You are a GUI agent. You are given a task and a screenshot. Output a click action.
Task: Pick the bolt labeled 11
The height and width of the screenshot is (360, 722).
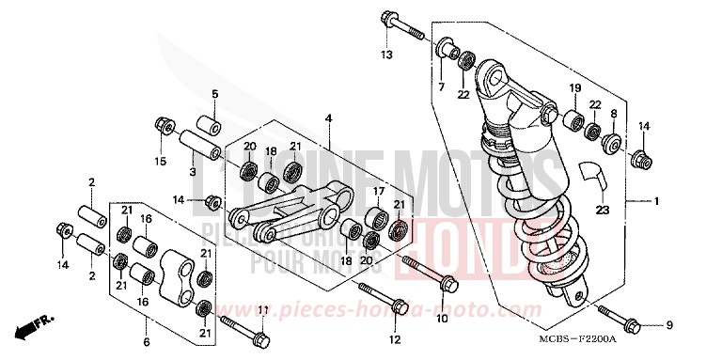[x=243, y=330]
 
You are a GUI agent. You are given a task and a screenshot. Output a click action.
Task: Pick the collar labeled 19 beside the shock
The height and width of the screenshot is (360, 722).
[x=573, y=119]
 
